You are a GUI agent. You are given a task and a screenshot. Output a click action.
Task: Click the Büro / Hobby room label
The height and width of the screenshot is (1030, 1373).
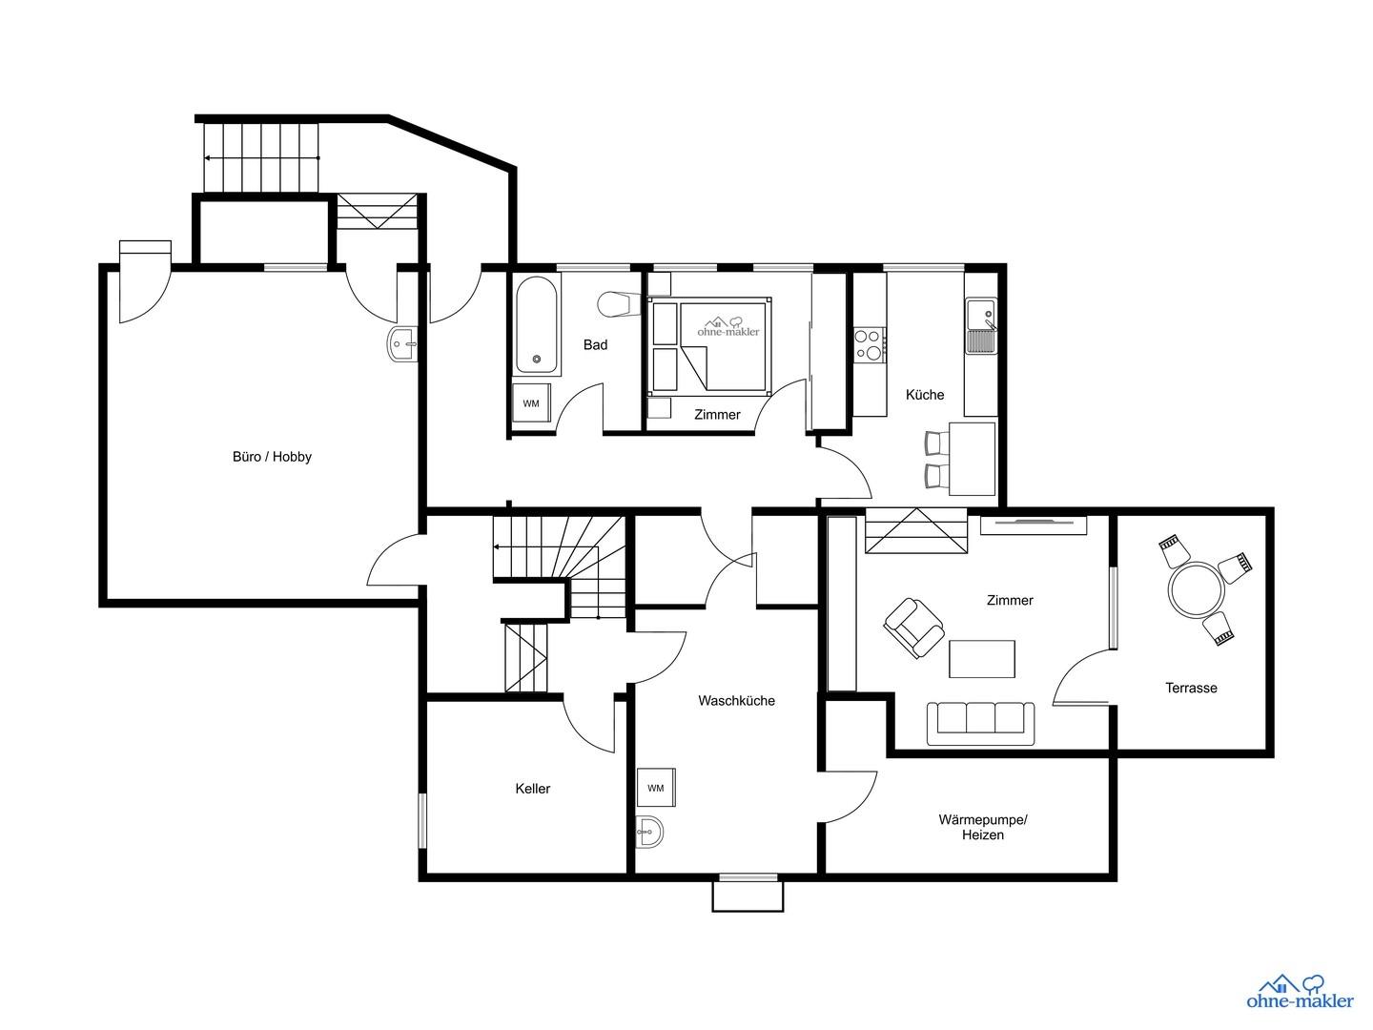272,457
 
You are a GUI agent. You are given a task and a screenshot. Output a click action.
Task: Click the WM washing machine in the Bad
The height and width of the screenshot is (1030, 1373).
531,403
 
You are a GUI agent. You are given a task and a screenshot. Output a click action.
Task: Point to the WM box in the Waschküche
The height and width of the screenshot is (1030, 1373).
656,788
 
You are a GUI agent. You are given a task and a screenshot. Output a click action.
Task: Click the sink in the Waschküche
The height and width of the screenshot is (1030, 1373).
650,832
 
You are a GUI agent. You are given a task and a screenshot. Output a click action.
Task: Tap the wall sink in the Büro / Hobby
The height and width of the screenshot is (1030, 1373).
402,343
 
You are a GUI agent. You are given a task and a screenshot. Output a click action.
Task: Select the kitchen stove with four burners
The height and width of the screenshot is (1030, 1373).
869,344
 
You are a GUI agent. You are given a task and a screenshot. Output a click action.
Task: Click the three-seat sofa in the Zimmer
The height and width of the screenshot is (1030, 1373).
981,724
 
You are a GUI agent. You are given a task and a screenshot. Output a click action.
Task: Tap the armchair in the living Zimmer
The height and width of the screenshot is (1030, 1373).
913,627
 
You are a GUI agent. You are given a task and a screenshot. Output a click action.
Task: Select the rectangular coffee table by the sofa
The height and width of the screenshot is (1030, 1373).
982,658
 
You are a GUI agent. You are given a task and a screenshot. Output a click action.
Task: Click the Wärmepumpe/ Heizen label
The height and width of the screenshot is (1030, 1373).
983,827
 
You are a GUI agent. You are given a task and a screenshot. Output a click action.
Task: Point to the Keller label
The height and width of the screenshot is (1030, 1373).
532,789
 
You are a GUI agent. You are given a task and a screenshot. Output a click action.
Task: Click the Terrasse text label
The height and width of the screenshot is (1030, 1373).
1191,688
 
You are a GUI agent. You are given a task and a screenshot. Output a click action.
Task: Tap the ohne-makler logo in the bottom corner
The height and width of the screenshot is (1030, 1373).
1300,991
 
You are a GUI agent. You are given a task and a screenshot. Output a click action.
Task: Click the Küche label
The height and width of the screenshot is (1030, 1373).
925,395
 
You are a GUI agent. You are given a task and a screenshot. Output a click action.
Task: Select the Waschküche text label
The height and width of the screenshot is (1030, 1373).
736,701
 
